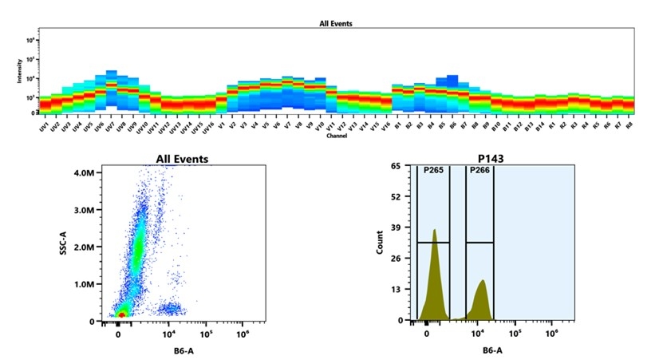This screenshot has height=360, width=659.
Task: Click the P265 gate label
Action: pyautogui.click(x=433, y=171)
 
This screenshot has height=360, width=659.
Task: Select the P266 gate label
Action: pyautogui.click(x=479, y=171)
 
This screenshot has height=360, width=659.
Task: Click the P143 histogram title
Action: pyautogui.click(x=492, y=159)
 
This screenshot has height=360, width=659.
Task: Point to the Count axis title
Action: pyautogui.click(x=380, y=243)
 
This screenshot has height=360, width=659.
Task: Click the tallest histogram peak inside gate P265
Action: pyautogui.click(x=434, y=231)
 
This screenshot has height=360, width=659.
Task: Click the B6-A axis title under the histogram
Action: pyautogui.click(x=492, y=350)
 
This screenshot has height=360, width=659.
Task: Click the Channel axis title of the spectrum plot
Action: pyautogui.click(x=336, y=136)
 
